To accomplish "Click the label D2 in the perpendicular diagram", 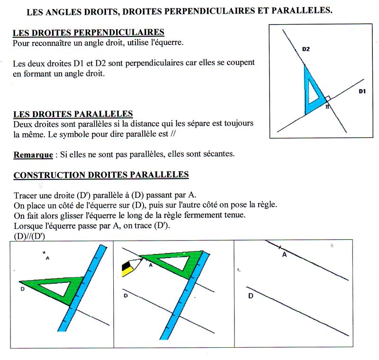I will click(x=306, y=49).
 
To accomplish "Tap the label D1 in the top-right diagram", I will click(x=362, y=91).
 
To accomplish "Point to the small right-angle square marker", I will click(x=327, y=99).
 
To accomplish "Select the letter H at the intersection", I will click(x=327, y=107).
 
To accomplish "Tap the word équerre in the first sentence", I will click(x=166, y=43).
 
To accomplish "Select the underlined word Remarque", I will click(x=33, y=155).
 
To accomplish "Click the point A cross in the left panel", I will click(x=43, y=252).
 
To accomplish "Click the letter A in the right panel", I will click(x=284, y=255).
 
